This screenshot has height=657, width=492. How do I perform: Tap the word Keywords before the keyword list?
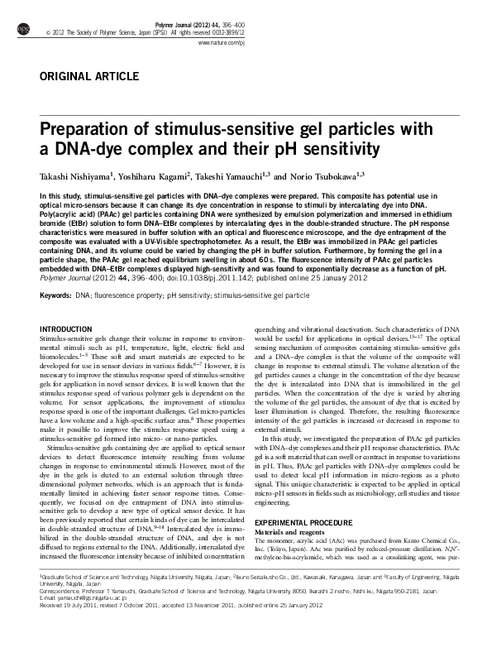point(55,295)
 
